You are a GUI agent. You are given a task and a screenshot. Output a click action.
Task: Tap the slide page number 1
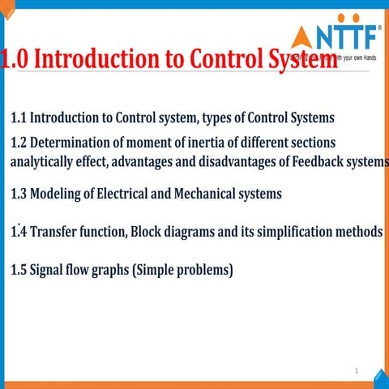click(x=356, y=370)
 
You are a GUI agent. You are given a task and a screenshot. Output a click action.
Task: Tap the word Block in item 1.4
click(x=147, y=233)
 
